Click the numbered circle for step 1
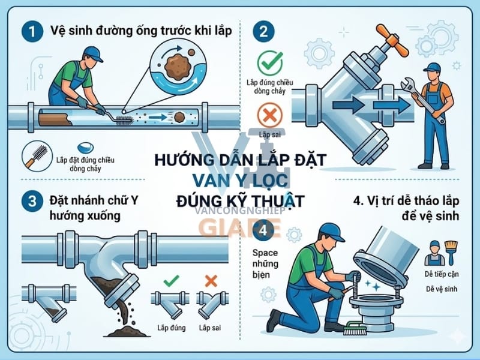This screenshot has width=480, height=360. pyautogui.click(x=28, y=31)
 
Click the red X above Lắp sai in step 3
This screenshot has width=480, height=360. pyautogui.click(x=211, y=280)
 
